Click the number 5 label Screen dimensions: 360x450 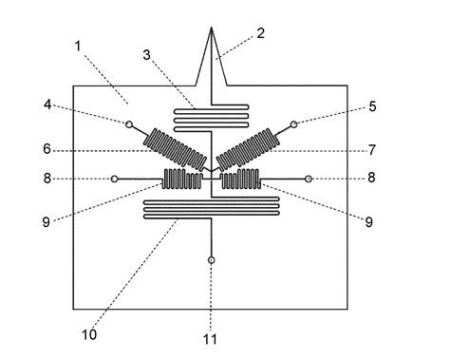click(372, 106)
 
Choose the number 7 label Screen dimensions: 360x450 click(372, 150)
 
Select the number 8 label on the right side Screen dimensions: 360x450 click(372, 178)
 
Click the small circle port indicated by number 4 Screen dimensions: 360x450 click(128, 123)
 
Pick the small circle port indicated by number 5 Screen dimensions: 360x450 click(294, 123)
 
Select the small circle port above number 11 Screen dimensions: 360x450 click(211, 259)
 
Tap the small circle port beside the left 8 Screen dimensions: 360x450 click(115, 178)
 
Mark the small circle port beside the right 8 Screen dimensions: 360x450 click(309, 178)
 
